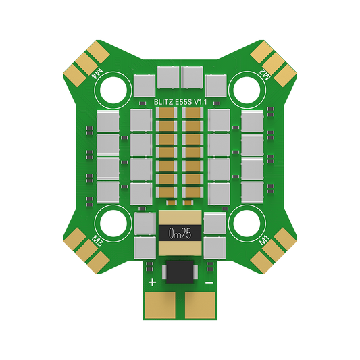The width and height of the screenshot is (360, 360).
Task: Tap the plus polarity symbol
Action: [x=152, y=282]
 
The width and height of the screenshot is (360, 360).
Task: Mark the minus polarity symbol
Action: [x=209, y=282]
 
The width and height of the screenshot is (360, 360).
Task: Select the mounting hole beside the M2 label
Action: [x=245, y=88]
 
